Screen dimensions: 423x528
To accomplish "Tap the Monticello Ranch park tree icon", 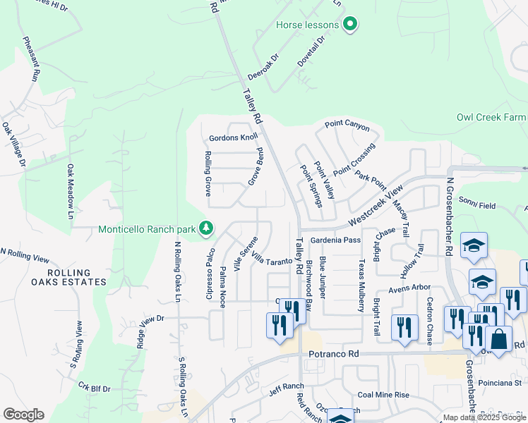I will pos(206,228).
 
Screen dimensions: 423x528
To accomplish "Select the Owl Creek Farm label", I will pos(492,117).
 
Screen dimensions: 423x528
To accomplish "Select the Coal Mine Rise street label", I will pos(383,395).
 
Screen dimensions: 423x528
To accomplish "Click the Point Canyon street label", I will pos(347,125).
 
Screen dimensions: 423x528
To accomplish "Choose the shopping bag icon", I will pos(498,339).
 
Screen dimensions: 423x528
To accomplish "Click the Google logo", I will pos(23,415).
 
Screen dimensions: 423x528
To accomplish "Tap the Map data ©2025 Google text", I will pos(484,417).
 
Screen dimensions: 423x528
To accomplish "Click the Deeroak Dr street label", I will pos(264,67).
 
